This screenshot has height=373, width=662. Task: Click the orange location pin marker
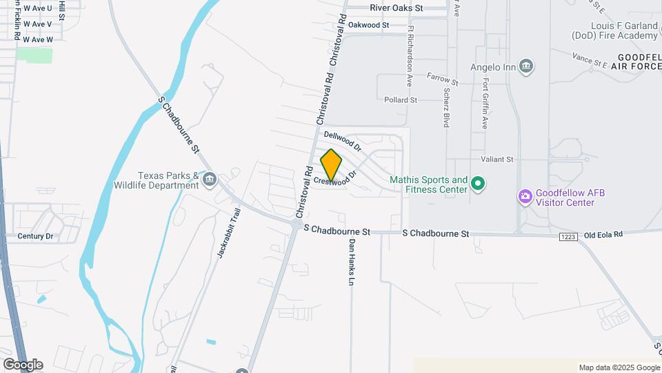[x=331, y=164]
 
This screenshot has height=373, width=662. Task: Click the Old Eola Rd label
[x=603, y=235]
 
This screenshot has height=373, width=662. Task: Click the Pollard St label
[x=401, y=100]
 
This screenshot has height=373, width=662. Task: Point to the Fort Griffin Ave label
[x=485, y=104]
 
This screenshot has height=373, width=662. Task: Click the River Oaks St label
[x=396, y=8]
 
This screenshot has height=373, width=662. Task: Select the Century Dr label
[x=35, y=236]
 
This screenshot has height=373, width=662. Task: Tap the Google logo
[x=23, y=365]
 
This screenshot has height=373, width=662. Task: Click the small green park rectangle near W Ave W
[x=34, y=55]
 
